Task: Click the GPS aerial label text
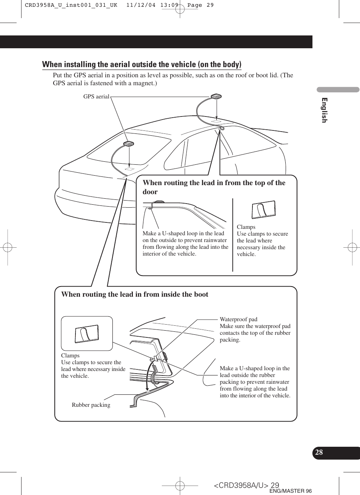pyautogui.click(x=96, y=97)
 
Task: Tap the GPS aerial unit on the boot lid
pyautogui.click(x=129, y=144)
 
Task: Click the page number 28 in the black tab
pyautogui.click(x=319, y=452)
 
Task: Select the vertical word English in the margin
pyautogui.click(x=324, y=110)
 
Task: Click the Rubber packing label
pyautogui.click(x=91, y=405)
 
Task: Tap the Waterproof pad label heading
pyautogui.click(x=238, y=319)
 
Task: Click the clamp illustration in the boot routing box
pyautogui.click(x=87, y=334)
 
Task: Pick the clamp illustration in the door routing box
pyautogui.click(x=263, y=209)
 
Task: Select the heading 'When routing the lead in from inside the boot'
pyautogui.click(x=135, y=294)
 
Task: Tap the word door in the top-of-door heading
pyautogui.click(x=150, y=192)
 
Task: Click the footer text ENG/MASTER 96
pyautogui.click(x=291, y=491)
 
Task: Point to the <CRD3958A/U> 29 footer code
pyautogui.click(x=246, y=485)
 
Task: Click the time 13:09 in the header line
pyautogui.click(x=169, y=5)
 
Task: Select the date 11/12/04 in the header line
pyautogui.click(x=141, y=5)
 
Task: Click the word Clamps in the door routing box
pyautogui.click(x=246, y=227)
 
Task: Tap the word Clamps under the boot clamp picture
pyautogui.click(x=70, y=356)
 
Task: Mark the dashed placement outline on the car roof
pyautogui.click(x=216, y=121)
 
